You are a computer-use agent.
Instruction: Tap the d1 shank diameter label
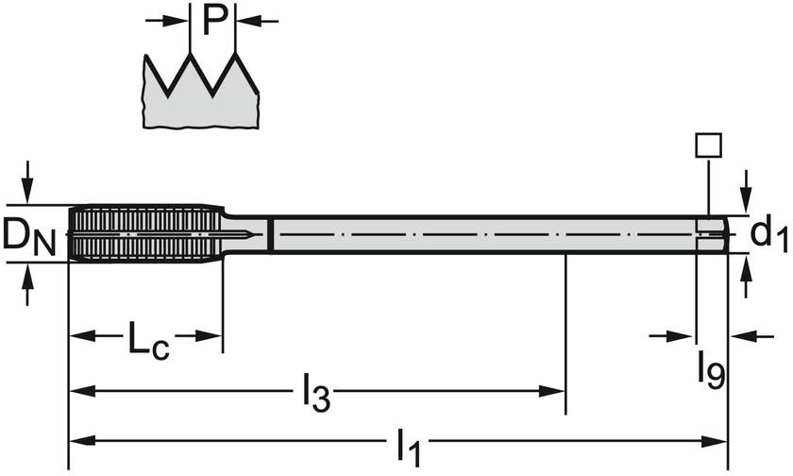pos(768,233)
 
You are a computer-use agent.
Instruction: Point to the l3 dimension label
pos(317,394)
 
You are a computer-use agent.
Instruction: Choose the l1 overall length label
pos(408,444)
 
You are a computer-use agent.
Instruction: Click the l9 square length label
pos(712,369)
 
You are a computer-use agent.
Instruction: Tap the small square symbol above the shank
pos(707,144)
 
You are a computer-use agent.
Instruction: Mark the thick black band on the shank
pos(271,234)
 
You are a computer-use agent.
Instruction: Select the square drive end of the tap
pos(712,233)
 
